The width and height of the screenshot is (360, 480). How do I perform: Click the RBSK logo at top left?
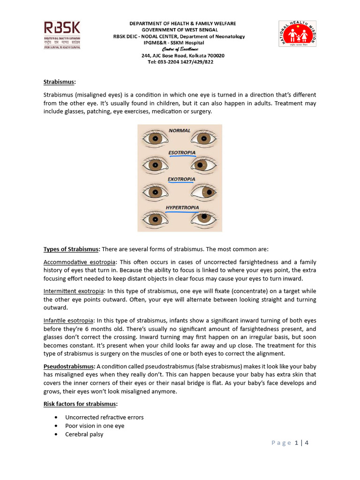tap(62, 35)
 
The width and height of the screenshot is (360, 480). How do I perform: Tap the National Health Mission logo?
tap(297, 34)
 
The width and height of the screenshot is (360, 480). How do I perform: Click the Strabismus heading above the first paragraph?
tap(59, 82)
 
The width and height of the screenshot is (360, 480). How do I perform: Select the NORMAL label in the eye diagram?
tap(180, 130)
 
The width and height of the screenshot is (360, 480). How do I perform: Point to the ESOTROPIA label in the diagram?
tap(182, 153)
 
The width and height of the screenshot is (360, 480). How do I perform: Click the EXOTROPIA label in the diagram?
tap(181, 179)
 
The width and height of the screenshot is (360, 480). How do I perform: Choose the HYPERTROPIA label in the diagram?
tap(182, 207)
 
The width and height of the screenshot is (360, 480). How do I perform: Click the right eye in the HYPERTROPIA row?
tap(204, 218)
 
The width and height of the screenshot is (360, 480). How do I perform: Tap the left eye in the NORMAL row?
tap(155, 139)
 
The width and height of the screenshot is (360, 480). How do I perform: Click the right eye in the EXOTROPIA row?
tap(204, 192)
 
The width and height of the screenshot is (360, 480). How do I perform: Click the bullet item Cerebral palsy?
tap(84, 435)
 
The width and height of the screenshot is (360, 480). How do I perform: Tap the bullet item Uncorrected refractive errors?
tap(104, 417)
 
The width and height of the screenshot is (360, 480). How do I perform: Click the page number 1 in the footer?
tap(296, 442)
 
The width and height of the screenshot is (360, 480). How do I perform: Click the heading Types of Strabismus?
tap(72, 249)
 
